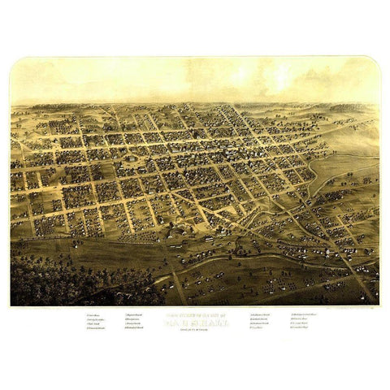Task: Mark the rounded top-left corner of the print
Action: pos(14,60)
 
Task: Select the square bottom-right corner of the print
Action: pos(379,305)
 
